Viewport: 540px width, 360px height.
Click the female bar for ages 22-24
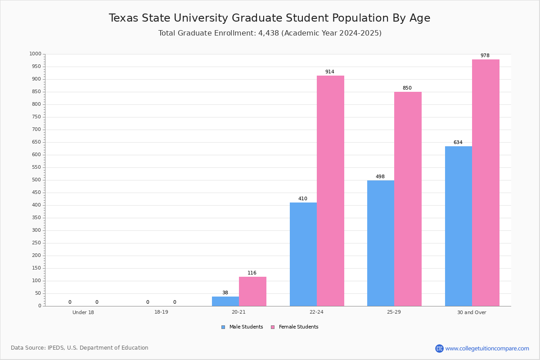coord(330,191)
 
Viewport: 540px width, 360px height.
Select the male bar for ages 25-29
coord(381,243)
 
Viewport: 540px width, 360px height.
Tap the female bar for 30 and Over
coord(486,183)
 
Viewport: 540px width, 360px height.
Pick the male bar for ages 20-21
coord(225,301)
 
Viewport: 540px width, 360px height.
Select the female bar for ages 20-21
coord(252,292)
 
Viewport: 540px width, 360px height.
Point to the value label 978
coord(485,56)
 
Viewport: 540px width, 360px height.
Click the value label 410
coord(302,199)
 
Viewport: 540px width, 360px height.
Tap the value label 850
coord(407,88)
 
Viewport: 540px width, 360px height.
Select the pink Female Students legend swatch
coord(272,327)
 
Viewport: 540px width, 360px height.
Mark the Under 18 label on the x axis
coord(83,312)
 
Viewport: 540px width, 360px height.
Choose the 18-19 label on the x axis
coord(161,312)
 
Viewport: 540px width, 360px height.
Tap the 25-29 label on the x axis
coord(394,312)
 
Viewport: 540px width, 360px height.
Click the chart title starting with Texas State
coord(270,18)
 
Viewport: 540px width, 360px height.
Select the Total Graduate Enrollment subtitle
coord(270,33)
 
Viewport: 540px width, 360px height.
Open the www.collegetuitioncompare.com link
coord(487,348)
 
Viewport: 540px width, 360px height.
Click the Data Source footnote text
coord(80,348)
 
